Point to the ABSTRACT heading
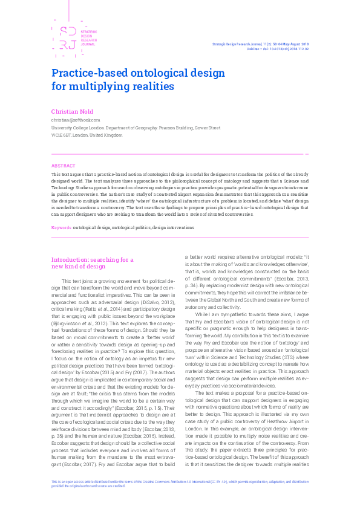pyautogui.click(x=64, y=166)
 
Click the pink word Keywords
pyautogui.click(x=62, y=228)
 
